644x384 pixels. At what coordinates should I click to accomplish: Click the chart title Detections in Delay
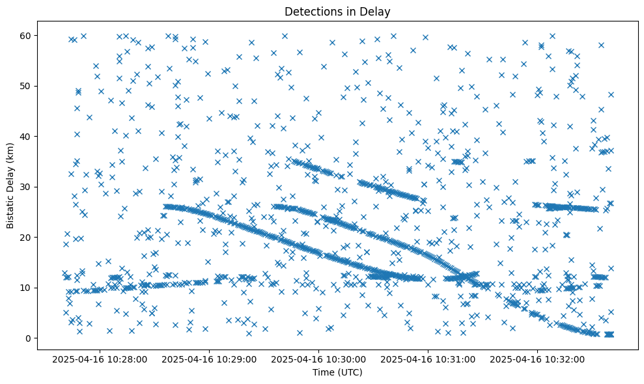[x=337, y=12]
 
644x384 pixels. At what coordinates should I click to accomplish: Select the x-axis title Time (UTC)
[x=337, y=372]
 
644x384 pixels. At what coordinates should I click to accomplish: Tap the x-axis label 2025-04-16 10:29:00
[x=210, y=359]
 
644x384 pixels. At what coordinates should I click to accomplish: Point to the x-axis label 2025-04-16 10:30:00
[x=319, y=359]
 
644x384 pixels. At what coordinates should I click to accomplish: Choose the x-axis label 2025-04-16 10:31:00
[x=428, y=359]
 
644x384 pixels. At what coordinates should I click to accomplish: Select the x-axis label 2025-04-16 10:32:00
[x=537, y=359]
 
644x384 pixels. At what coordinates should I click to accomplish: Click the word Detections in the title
[x=312, y=12]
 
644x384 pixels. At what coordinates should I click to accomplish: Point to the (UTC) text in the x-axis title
[x=350, y=372]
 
